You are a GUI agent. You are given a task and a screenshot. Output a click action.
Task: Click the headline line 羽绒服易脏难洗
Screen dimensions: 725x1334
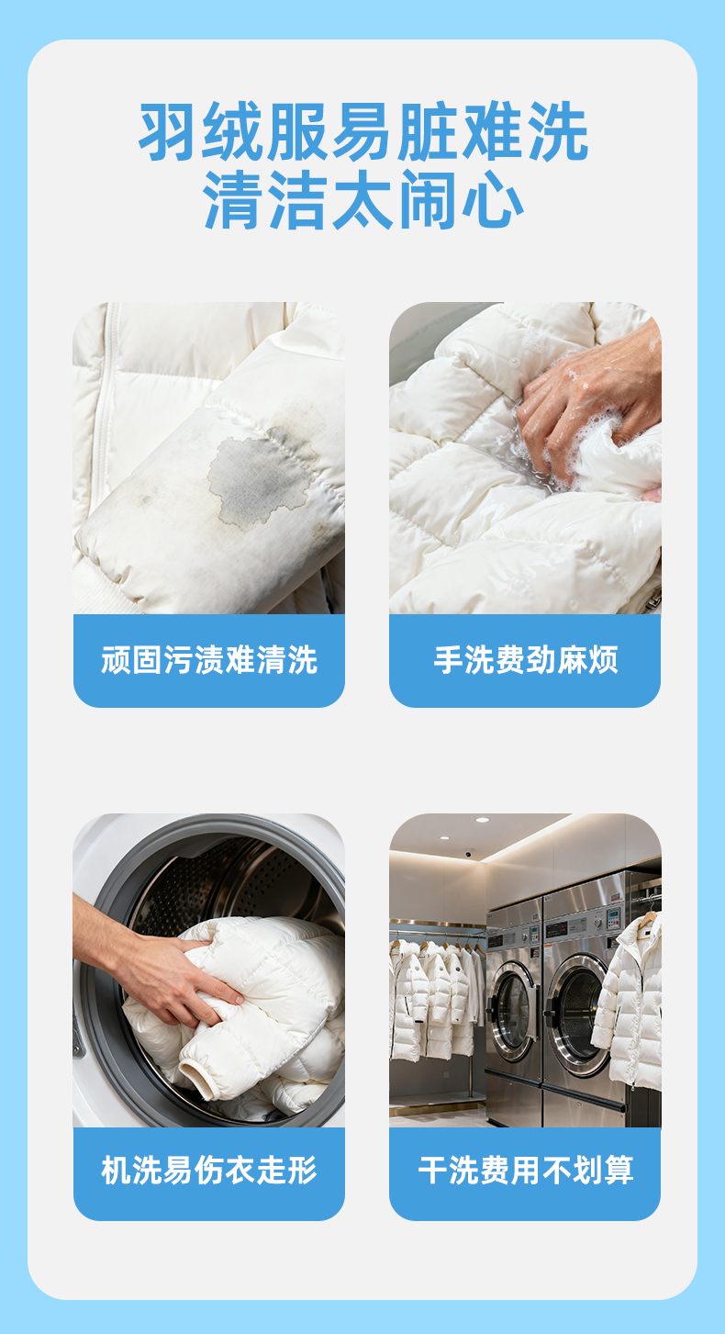tap(363, 131)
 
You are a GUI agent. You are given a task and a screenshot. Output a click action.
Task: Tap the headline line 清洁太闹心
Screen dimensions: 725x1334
tap(363, 199)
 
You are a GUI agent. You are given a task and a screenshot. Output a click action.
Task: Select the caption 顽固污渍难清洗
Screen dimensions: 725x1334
tap(209, 660)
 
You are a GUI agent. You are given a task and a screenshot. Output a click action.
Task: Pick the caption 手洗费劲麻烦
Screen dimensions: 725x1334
tap(525, 660)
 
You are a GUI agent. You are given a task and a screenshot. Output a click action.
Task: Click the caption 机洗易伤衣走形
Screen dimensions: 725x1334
tap(209, 1171)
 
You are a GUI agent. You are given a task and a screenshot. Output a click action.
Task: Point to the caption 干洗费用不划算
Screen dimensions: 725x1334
tap(525, 1171)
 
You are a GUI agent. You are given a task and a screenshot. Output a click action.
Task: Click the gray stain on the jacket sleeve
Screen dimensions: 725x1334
tap(260, 477)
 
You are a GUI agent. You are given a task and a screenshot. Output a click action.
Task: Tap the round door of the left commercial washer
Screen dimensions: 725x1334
tap(512, 1005)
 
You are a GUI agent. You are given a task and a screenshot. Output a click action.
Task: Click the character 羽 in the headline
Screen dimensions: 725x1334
tap(169, 131)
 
